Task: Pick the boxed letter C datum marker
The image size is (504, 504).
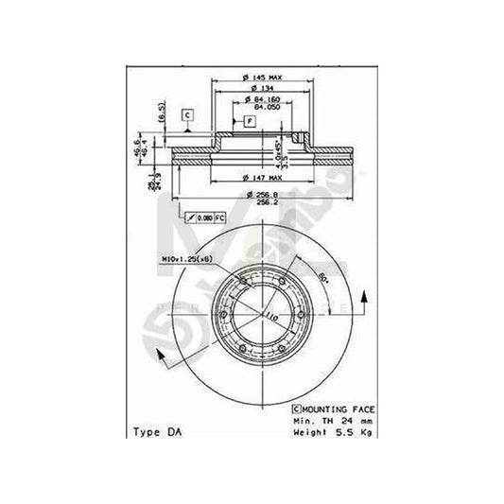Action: point(188,115)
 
